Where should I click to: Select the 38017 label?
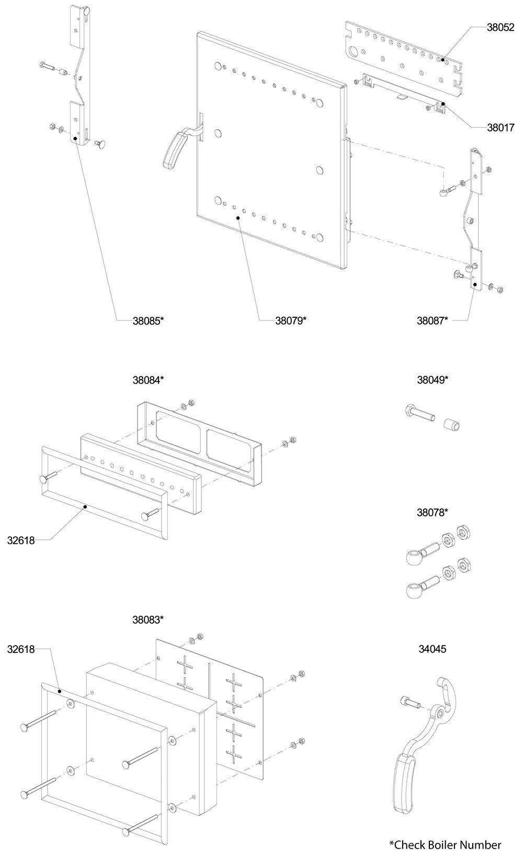[x=501, y=127]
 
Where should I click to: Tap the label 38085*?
[x=149, y=320]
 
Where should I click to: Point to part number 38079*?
[x=290, y=320]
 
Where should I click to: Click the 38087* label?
[x=433, y=320]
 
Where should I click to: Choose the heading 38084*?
[x=149, y=380]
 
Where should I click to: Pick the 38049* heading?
[x=433, y=380]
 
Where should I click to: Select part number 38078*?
[x=433, y=512]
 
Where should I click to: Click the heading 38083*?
[x=149, y=619]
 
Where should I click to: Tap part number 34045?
[x=433, y=649]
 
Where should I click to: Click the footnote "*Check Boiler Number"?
[x=445, y=844]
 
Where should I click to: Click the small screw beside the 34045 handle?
[x=410, y=702]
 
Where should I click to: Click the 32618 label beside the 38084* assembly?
[x=21, y=540]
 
